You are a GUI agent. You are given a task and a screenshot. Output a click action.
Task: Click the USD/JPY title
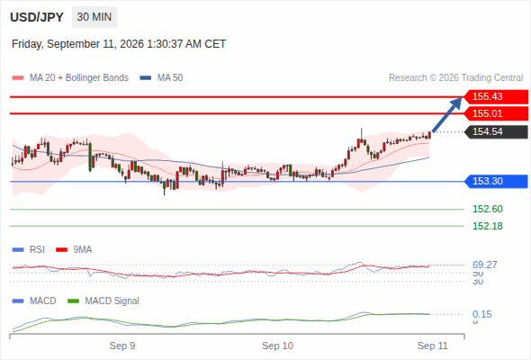coord(37,17)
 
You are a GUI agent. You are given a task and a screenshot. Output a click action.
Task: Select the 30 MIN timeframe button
coord(94,17)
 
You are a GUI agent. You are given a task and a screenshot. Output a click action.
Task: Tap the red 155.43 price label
coord(496,96)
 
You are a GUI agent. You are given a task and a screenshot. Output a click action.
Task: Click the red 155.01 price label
coord(496,113)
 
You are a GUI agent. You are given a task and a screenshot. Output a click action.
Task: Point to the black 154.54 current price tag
coord(496,131)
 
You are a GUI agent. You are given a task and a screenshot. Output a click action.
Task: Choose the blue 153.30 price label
coord(496,181)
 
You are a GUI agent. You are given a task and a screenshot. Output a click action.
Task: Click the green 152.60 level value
coord(488,209)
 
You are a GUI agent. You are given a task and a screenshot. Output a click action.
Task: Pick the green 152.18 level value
coord(488,226)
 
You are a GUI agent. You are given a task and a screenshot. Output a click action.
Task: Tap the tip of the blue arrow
coord(462,98)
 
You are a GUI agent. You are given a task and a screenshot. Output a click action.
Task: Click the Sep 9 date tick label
coord(122,346)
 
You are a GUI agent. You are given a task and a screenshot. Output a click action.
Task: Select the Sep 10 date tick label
coord(277,346)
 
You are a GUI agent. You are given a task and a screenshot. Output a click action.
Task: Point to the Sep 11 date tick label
coord(433,346)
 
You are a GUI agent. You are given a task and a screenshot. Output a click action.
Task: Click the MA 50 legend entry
coord(161,78)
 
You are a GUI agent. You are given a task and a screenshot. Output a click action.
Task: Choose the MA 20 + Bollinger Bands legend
coord(70,78)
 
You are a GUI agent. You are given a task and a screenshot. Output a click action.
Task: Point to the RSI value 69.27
coord(485,265)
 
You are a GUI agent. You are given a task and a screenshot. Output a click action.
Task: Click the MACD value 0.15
coord(482,314)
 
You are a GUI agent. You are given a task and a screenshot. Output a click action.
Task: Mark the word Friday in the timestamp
coord(27,44)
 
